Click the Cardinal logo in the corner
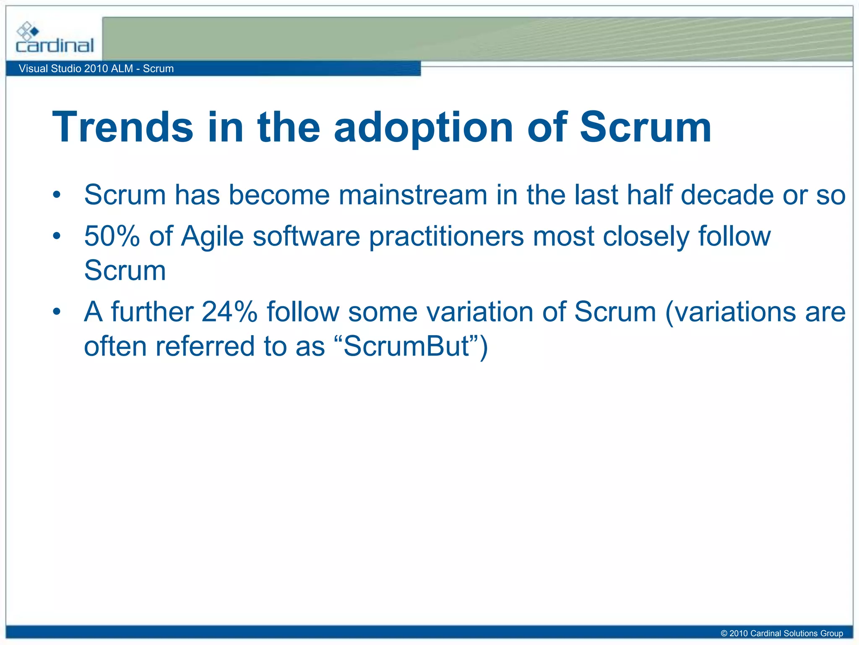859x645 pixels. (x=55, y=39)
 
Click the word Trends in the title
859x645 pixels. (x=122, y=127)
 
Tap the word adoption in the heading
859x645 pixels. (x=424, y=127)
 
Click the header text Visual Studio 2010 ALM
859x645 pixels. (x=75, y=68)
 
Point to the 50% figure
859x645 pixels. (x=112, y=236)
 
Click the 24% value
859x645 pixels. (x=229, y=312)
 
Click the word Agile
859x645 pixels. (x=212, y=237)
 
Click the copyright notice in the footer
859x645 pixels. (x=781, y=633)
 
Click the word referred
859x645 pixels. (x=205, y=346)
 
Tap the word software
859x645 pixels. (x=306, y=236)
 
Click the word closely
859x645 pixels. (x=646, y=237)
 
